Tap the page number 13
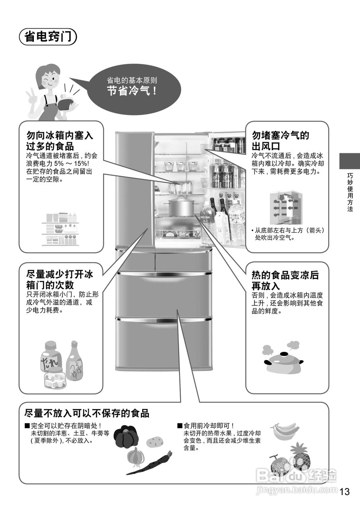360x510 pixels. tap(345, 492)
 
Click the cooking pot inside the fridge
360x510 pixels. tap(181, 207)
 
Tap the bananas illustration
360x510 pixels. tap(285, 430)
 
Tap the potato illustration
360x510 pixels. tap(155, 441)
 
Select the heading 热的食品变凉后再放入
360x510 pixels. tap(285, 280)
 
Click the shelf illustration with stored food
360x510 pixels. tap(61, 229)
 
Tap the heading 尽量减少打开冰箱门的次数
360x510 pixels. tap(59, 280)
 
